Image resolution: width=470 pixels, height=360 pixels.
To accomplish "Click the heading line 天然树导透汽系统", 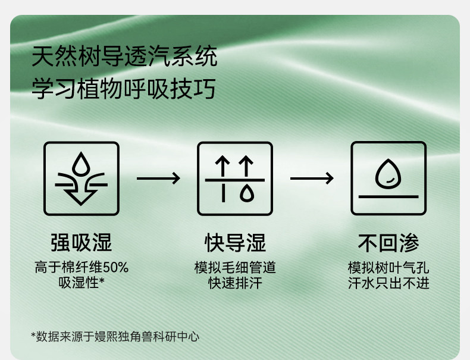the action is click(x=124, y=56).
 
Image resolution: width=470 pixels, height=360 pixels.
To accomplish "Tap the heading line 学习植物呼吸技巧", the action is click(x=124, y=89).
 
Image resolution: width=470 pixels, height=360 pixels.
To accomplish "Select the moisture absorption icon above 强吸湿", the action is click(x=82, y=179).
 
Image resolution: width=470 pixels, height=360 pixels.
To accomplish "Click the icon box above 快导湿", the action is click(x=235, y=179).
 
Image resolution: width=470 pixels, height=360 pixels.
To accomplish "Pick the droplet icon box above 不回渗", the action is click(x=388, y=179).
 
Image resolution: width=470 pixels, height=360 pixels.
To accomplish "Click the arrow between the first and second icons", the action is click(x=158, y=179).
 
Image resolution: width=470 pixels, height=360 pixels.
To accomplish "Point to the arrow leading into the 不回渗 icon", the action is click(x=312, y=179).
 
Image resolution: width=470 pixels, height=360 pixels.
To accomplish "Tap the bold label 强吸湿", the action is click(x=82, y=243).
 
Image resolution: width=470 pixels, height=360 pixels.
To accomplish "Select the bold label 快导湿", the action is click(x=236, y=243).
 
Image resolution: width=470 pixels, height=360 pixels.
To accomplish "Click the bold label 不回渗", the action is click(x=388, y=243).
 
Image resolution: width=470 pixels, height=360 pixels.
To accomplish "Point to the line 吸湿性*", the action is click(x=82, y=283).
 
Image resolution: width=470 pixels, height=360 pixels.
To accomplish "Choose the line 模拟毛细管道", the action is click(x=236, y=267).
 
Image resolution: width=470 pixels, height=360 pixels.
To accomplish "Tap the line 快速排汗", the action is click(x=236, y=283).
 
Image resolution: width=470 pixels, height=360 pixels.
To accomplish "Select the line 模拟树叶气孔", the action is click(x=388, y=267).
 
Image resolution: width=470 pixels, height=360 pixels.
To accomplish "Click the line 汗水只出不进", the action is click(x=388, y=283).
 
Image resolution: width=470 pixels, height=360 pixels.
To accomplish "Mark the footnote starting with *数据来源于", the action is click(x=115, y=336).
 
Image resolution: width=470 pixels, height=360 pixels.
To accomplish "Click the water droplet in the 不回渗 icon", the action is click(x=388, y=174).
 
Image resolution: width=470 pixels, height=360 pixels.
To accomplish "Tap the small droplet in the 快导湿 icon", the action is click(x=247, y=193).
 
